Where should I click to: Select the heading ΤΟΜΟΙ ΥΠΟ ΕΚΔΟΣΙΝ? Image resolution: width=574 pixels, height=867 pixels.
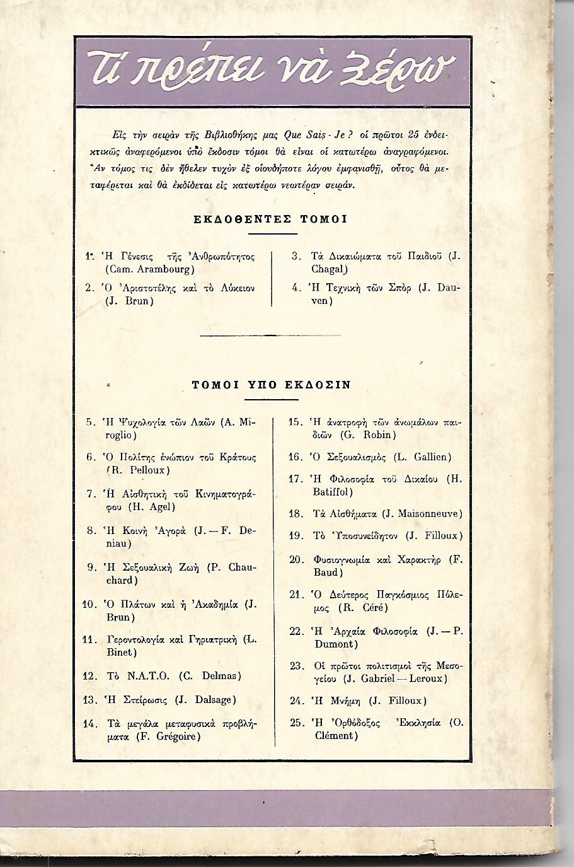click(x=272, y=385)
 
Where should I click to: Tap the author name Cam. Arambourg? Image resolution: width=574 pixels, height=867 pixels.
click(x=141, y=269)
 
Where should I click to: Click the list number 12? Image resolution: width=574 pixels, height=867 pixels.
click(x=91, y=676)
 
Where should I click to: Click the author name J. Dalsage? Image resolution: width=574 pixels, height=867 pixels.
click(x=207, y=699)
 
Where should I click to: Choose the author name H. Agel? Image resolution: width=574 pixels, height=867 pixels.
click(x=152, y=506)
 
